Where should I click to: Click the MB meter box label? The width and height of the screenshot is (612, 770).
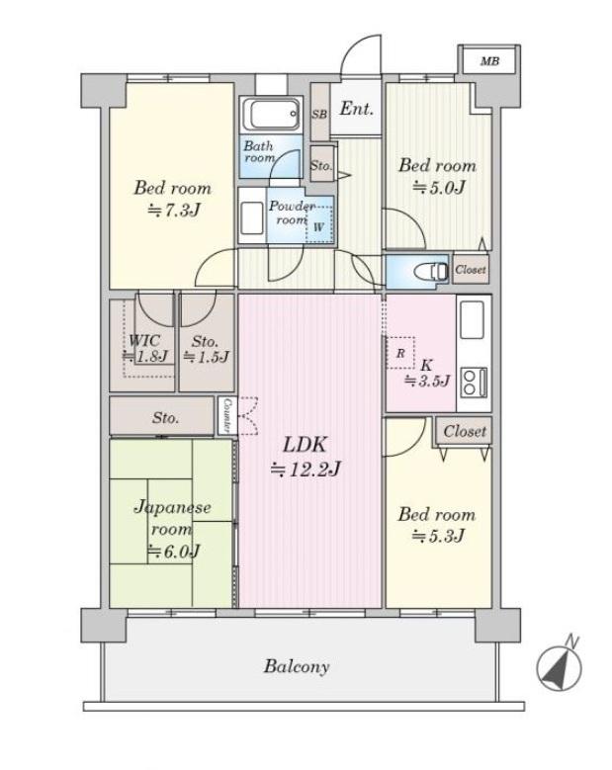(x=489, y=61)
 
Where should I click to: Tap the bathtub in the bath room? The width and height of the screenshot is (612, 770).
(x=271, y=114)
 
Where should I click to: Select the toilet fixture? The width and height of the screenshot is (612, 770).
(x=431, y=271)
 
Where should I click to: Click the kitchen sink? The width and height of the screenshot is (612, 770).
(x=472, y=319)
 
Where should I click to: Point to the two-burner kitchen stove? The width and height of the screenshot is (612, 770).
(x=475, y=383)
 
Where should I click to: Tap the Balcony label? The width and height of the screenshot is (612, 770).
(x=297, y=666)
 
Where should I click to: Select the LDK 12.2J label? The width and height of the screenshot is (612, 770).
(x=306, y=457)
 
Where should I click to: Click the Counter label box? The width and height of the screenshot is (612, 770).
(x=227, y=415)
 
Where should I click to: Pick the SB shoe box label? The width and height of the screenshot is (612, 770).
(x=319, y=115)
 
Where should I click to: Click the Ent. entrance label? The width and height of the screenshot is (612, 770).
(x=356, y=109)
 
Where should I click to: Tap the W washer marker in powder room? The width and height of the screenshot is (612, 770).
(x=318, y=227)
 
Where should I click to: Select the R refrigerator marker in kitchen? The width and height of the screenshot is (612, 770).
(x=400, y=353)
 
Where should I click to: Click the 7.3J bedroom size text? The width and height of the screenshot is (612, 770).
(x=174, y=211)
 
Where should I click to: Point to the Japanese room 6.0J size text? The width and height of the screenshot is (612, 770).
(x=174, y=552)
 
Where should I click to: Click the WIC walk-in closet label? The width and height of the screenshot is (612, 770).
(x=144, y=340)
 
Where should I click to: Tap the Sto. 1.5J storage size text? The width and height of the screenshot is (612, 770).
(x=207, y=357)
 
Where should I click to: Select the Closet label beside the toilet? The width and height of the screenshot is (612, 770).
(x=471, y=269)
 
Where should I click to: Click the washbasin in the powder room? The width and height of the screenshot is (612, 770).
(x=252, y=218)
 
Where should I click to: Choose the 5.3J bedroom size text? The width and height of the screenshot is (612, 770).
(x=438, y=536)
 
